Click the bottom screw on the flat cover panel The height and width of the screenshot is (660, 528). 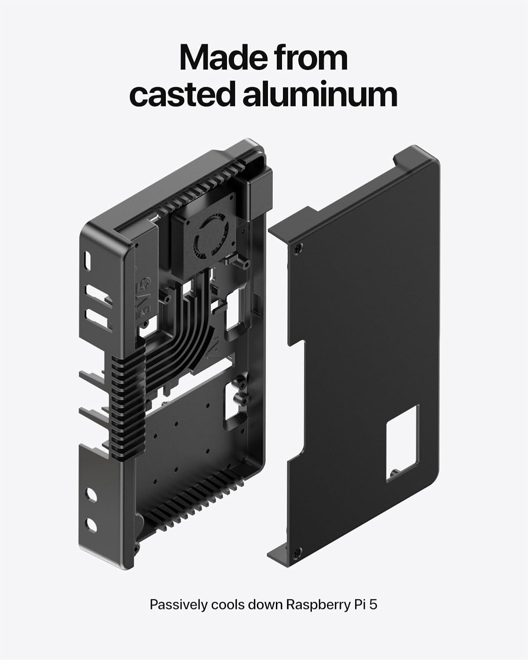(x=298, y=552)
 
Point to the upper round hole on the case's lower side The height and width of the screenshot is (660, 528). (x=91, y=495)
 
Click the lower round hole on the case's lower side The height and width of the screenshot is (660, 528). (x=91, y=524)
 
